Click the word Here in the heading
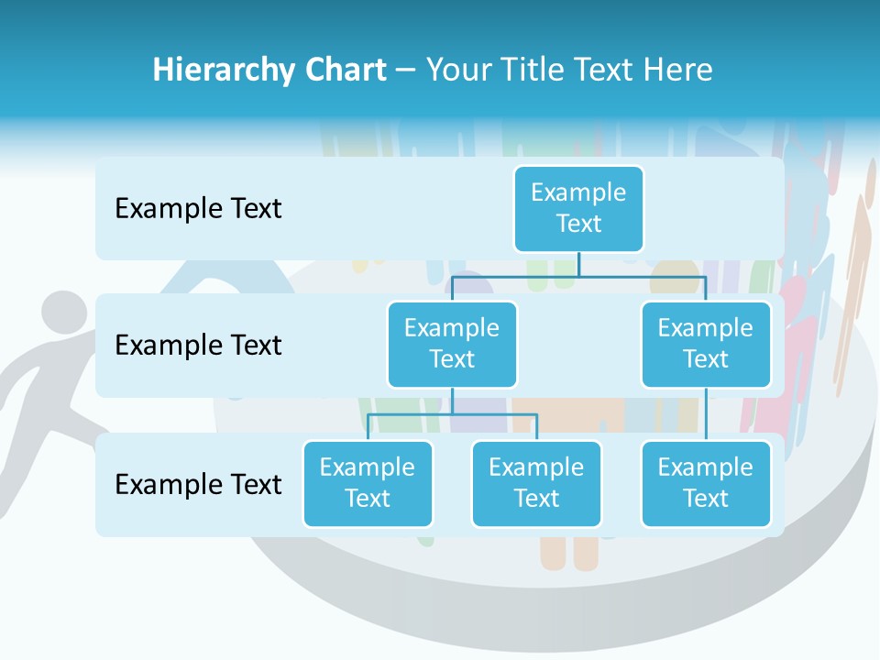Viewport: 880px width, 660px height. tap(678, 71)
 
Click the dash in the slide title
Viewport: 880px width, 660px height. tap(406, 71)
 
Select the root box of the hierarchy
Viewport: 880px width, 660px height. tap(578, 208)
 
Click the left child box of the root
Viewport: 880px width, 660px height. tap(452, 344)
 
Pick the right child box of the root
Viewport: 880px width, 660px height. tap(706, 344)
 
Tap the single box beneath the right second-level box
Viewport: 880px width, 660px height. tap(706, 483)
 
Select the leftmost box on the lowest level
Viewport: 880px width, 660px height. tap(368, 483)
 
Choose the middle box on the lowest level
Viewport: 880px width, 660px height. tap(536, 483)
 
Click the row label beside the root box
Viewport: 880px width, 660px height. tap(198, 209)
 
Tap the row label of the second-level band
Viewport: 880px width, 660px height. tap(198, 346)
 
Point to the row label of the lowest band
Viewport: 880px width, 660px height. tap(198, 484)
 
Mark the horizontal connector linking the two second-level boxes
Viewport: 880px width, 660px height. tap(578, 276)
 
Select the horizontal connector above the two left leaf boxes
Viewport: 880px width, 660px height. tap(452, 414)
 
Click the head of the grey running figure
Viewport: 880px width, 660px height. tap(62, 315)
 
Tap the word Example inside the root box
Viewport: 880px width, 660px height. tap(578, 192)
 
